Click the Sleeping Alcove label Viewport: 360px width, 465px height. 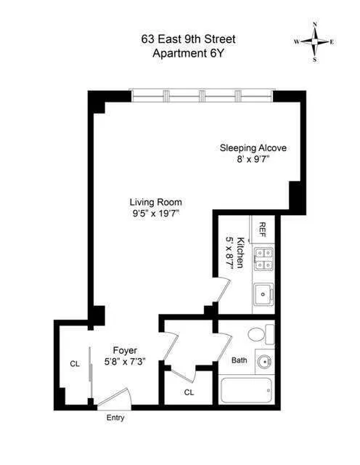point(253,148)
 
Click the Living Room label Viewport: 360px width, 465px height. point(155,202)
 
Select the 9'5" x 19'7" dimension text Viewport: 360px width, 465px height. point(155,214)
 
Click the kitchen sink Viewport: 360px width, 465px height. point(263,294)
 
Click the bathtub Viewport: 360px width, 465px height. point(247,393)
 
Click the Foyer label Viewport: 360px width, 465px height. point(125,350)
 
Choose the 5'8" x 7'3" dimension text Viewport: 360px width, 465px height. point(125,362)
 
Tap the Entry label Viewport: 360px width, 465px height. point(115,418)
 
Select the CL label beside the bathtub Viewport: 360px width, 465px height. point(189,392)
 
